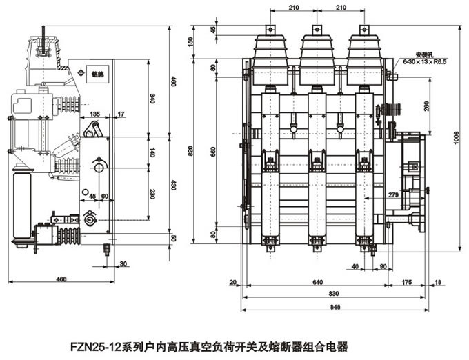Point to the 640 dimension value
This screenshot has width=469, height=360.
317,281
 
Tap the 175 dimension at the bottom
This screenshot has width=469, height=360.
408,281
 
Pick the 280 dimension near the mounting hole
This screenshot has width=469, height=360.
428,106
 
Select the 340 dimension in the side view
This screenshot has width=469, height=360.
152,99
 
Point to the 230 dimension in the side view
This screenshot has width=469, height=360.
152,195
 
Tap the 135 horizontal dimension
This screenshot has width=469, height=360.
94,114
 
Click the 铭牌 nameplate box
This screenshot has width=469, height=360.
96,74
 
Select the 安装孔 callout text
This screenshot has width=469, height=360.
423,54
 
